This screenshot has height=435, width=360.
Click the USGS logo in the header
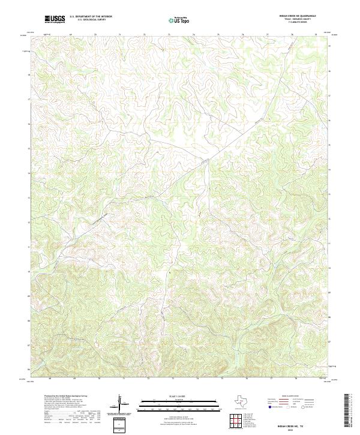(55, 19)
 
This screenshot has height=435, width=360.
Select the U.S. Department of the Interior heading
(91, 17)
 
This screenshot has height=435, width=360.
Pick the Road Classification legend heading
(291, 396)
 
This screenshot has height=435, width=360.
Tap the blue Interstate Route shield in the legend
(269, 407)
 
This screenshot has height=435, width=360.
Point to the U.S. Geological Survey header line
(91, 20)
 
